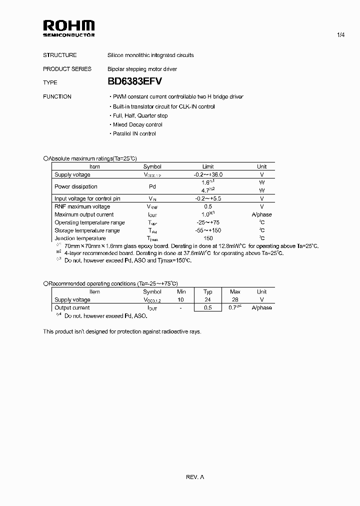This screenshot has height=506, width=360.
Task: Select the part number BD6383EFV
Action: [134, 82]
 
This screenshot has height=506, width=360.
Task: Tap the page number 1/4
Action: [340, 35]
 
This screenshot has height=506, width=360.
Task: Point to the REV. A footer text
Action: [195, 477]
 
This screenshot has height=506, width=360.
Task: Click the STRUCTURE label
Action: [60, 55]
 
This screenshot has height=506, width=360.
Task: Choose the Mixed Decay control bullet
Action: [135, 124]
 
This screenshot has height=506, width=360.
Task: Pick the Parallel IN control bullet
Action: [132, 133]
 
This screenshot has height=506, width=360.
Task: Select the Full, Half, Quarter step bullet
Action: [138, 115]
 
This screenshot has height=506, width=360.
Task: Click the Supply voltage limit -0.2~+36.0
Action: [208, 174]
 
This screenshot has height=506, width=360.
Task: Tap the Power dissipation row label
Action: [76, 186]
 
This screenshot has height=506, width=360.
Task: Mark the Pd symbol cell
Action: [152, 186]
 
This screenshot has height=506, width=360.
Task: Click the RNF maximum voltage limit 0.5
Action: [208, 206]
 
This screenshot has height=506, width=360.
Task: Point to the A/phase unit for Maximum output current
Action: [261, 214]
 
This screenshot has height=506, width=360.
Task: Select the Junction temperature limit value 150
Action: [208, 238]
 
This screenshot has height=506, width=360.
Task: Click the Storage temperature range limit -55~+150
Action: [208, 230]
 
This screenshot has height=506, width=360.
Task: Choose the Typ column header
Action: [208, 291]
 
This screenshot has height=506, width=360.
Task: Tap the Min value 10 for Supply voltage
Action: [180, 299]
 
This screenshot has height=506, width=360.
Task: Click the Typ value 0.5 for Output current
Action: [208, 307]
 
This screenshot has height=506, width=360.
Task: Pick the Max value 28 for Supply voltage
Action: [235, 299]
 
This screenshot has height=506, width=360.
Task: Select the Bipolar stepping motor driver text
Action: [142, 69]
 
